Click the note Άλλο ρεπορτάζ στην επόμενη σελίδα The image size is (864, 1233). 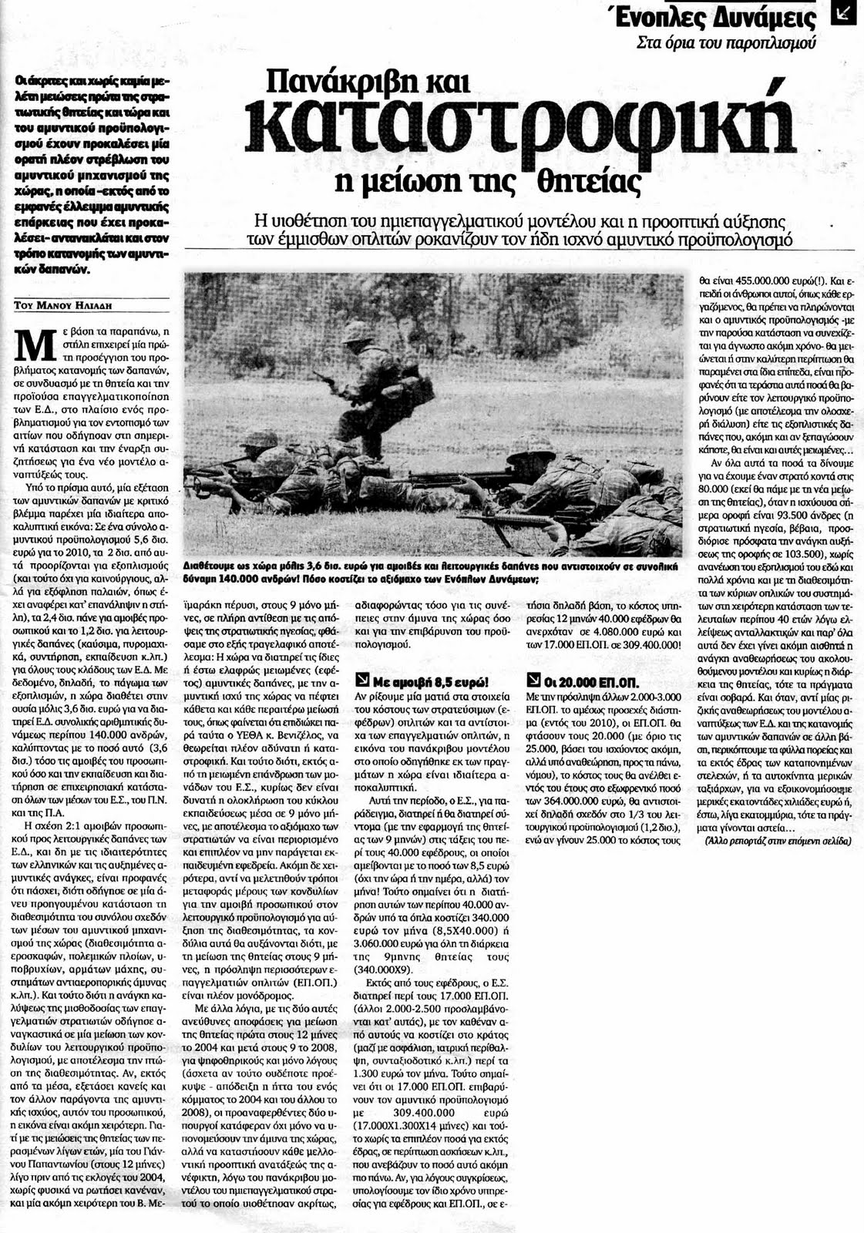click(x=778, y=842)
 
